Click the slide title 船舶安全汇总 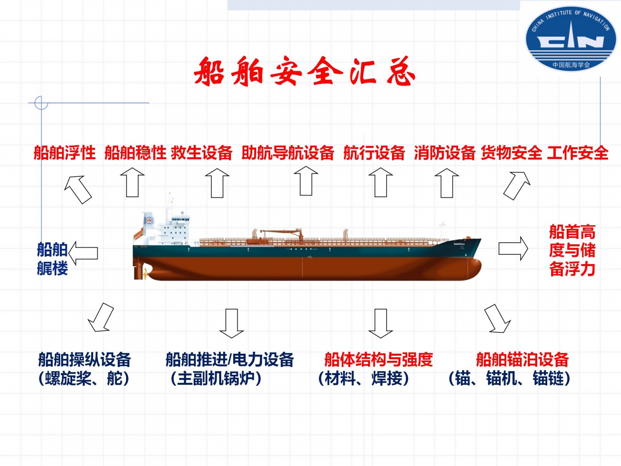coord(305,71)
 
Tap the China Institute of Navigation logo coord(571,39)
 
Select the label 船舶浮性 coord(64,153)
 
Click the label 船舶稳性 coord(135,153)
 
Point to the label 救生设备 coord(201,153)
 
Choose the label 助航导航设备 coord(288,153)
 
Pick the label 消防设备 coord(444,153)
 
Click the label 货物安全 coord(512,153)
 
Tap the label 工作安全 coord(578,153)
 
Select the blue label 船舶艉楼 coord(52,259)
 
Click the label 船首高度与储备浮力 coord(572,250)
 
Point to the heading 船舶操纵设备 coord(84,360)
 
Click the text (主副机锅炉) coord(216,379)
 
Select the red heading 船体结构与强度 coord(378,360)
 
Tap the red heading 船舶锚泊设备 coord(522,360)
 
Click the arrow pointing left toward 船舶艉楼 coord(83,253)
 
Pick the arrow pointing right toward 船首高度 coord(513,249)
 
